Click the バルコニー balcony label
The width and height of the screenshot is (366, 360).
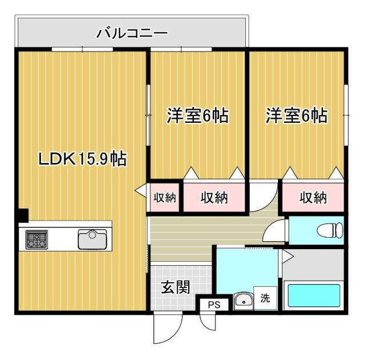[x=132, y=33]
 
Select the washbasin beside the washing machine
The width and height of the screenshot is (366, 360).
[x=243, y=301]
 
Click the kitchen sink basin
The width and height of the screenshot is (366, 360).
[x=92, y=238]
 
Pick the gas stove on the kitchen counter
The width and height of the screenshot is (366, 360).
[x=37, y=239]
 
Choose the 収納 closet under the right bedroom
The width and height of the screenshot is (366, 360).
[x=313, y=198]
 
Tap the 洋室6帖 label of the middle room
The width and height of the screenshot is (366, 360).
[x=197, y=116]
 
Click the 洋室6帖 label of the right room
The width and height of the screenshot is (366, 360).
[x=296, y=116]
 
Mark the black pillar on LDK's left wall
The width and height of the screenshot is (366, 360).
[x=21, y=215]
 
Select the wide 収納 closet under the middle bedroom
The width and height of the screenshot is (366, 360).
[x=214, y=198]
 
